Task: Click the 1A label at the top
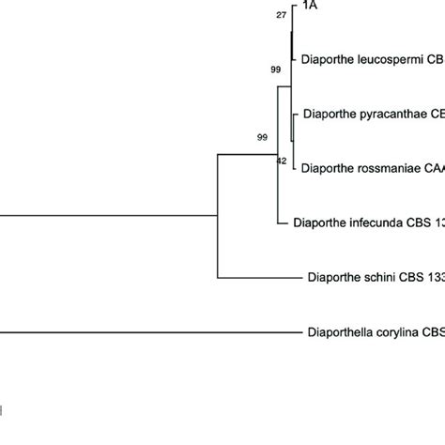pos(309,7)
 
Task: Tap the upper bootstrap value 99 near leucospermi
pos(276,69)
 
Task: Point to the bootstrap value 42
pos(281,161)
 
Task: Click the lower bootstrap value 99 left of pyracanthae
pos(263,137)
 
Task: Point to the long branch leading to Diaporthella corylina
pos(141,331)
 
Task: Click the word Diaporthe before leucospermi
pos(329,58)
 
